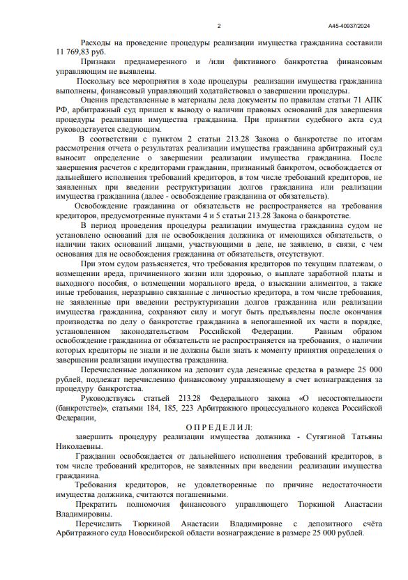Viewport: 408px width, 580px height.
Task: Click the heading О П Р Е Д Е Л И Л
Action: click(x=220, y=426)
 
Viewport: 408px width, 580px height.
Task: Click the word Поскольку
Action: click(x=100, y=81)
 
